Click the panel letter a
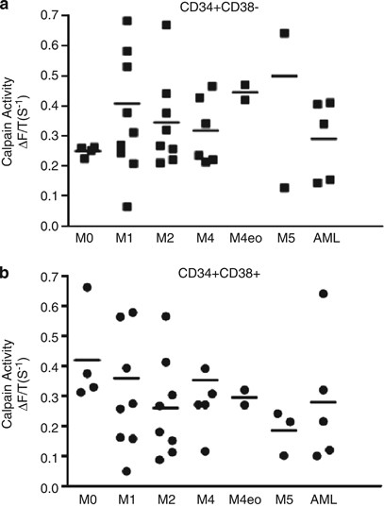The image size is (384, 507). click(x=8, y=8)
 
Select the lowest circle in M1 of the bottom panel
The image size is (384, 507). click(x=125, y=471)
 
